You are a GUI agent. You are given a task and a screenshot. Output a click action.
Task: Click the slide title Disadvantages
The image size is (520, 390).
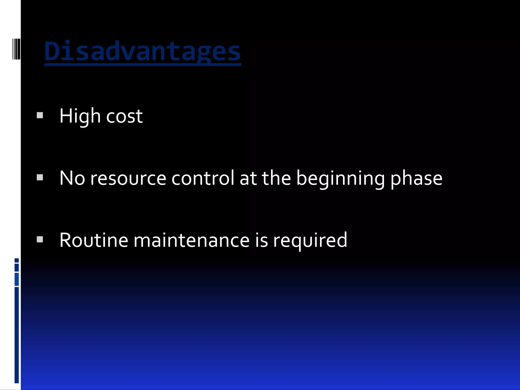[x=142, y=52]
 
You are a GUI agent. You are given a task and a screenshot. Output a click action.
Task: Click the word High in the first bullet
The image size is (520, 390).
[x=80, y=116]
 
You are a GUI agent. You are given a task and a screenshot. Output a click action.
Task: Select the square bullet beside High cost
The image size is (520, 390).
[x=40, y=116]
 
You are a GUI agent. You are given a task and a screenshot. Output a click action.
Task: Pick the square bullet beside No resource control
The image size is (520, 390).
[x=40, y=177]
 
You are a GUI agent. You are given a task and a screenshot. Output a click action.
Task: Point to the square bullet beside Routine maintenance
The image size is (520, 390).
[x=40, y=239]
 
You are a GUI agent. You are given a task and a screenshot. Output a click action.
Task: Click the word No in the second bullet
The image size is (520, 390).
[x=72, y=178]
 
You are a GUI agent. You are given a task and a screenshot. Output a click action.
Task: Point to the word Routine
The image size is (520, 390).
[x=94, y=240]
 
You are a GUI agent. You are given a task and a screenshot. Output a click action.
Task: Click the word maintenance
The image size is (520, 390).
[x=191, y=240]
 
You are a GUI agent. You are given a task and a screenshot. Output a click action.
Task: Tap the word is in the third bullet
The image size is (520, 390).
[x=261, y=240]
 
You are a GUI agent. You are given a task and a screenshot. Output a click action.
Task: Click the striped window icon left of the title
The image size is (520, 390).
[x=17, y=49]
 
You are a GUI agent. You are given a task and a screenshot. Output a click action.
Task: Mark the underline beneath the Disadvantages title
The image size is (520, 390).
[x=142, y=65]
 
